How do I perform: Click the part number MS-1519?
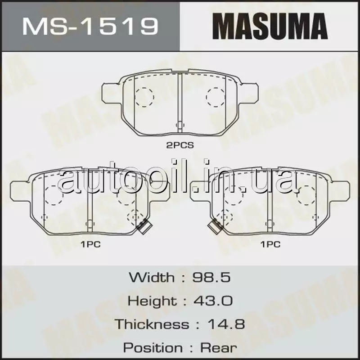click(x=90, y=27)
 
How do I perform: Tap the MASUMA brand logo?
click(x=270, y=26)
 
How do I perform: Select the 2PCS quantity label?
click(x=180, y=145)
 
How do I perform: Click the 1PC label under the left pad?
click(x=90, y=244)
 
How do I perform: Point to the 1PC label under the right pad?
click(x=270, y=244)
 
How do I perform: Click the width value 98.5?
click(x=211, y=277)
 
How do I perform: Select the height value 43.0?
click(x=213, y=301)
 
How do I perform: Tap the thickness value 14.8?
click(x=226, y=324)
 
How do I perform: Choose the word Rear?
click(x=218, y=347)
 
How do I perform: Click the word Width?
click(x=152, y=277)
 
